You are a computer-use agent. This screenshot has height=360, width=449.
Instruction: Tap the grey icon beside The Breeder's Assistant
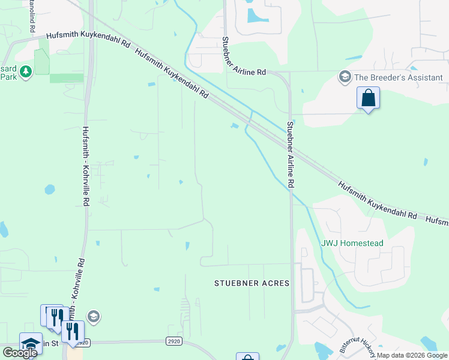coord(345,77)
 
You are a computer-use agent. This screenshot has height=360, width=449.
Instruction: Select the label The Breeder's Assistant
coord(398,77)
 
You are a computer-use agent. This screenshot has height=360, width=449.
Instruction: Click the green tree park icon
coord(25,73)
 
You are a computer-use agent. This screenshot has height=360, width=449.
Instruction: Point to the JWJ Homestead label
coord(352,243)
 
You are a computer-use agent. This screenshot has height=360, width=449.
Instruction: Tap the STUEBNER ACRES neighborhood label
coord(252,283)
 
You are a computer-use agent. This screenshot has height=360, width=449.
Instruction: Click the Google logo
coord(20,353)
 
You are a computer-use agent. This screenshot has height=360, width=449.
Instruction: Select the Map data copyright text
coord(412,355)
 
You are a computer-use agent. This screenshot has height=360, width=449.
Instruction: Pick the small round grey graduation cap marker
coord(93,316)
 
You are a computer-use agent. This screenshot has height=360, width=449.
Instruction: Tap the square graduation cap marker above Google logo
coord(30,343)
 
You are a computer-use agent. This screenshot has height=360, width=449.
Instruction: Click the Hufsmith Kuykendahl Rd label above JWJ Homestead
coord(376,202)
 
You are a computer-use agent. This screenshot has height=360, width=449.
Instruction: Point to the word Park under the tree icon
coord(8,77)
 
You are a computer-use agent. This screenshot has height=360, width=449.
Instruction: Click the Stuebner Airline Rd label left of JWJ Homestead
coord(291,155)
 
